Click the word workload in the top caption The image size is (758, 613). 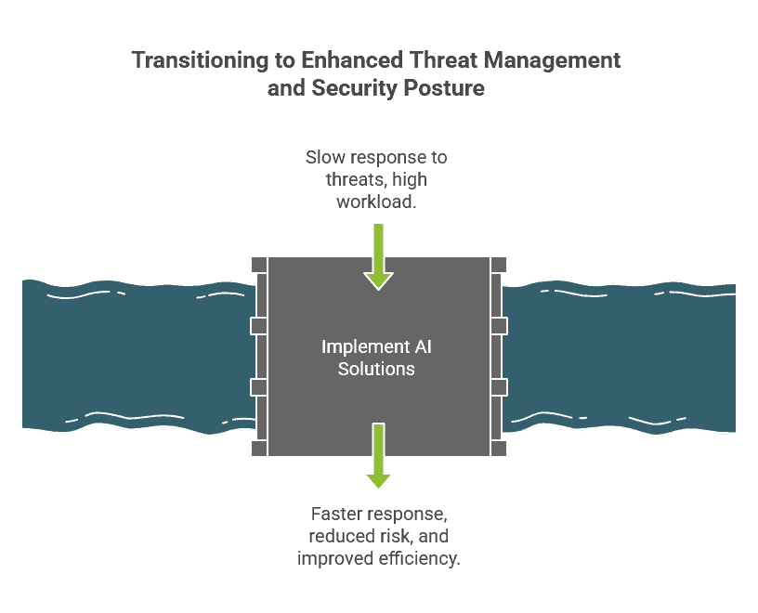point(375,199)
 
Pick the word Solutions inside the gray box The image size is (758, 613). point(376,369)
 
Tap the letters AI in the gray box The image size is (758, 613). point(423,347)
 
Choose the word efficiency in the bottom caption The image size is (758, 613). point(423,558)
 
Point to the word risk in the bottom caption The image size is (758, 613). point(388,537)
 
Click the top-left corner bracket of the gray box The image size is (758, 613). point(259,264)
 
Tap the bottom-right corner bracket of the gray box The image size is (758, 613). point(499,449)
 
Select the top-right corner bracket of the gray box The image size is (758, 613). point(499,264)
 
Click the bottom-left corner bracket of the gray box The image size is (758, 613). point(259,449)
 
